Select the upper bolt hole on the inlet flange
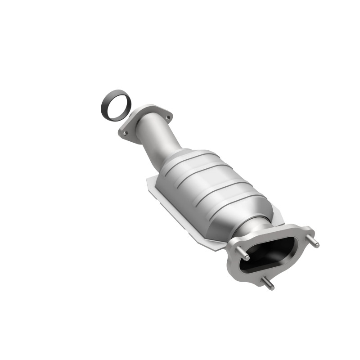[x=167, y=118]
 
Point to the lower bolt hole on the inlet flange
[x=126, y=133]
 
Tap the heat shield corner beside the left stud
[x=216, y=246]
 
